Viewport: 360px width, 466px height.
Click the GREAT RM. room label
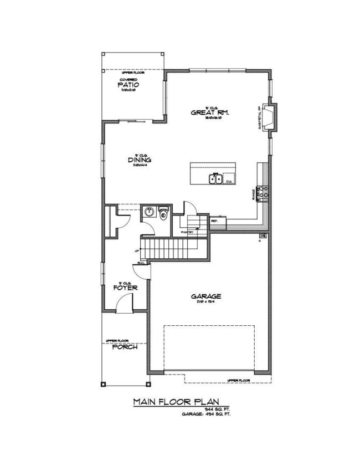tap(210, 112)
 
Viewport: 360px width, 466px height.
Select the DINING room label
tap(140, 161)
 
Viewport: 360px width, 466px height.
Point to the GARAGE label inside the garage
tap(208, 296)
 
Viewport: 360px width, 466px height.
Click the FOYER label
tap(125, 288)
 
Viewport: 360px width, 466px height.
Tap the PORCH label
tap(125, 347)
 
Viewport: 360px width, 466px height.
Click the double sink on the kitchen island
tap(215, 178)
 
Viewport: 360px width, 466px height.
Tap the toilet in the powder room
tap(163, 216)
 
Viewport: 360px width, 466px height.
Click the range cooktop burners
tap(265, 192)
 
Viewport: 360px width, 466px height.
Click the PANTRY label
tap(186, 232)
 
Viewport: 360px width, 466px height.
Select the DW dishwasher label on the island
tap(228, 181)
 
